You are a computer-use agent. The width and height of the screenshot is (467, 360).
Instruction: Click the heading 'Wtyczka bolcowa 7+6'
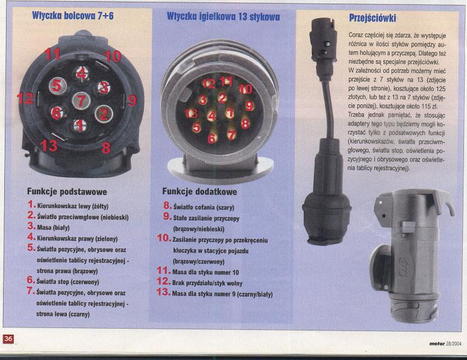tap(73, 16)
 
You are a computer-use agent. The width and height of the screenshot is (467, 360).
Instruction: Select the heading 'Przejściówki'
tap(372, 18)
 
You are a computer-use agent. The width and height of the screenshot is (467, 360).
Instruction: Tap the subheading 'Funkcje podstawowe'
tap(67, 192)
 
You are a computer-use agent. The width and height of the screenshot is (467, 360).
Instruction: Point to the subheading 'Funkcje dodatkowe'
tap(199, 191)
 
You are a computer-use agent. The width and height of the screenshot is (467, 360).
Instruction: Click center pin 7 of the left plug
tap(81, 101)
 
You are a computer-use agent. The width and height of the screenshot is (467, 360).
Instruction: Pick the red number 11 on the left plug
tap(52, 54)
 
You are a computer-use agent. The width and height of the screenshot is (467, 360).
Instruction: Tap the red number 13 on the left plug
tap(48, 146)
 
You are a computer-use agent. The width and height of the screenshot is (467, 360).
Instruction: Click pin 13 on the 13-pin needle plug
tap(191, 113)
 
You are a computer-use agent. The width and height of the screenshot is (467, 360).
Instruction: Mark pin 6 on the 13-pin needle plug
tap(212, 138)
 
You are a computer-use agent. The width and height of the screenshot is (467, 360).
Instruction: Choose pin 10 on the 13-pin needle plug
tap(246, 89)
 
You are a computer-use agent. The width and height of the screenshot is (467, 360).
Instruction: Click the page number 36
tap(8, 338)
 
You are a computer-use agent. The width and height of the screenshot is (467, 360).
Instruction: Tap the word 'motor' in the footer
tap(437, 344)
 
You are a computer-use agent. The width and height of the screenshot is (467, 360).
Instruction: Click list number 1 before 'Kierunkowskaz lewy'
tap(31, 204)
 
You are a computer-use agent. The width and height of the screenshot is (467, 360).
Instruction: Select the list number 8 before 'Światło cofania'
tap(168, 205)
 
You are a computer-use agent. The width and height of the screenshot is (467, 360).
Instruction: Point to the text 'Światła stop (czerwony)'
tap(67, 282)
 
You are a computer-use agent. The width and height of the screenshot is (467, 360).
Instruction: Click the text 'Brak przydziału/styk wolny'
tap(207, 283)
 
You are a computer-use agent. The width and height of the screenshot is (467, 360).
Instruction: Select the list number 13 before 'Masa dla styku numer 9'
tap(164, 292)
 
